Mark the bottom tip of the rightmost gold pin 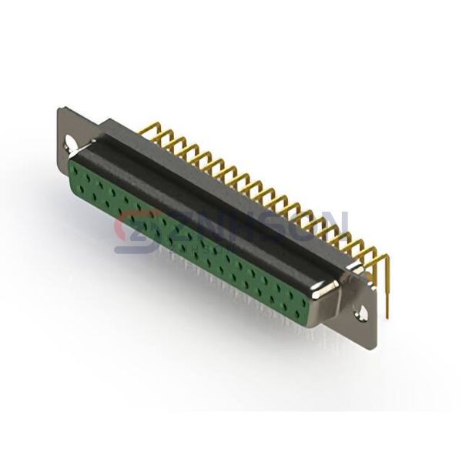387,315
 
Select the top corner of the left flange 61,109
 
